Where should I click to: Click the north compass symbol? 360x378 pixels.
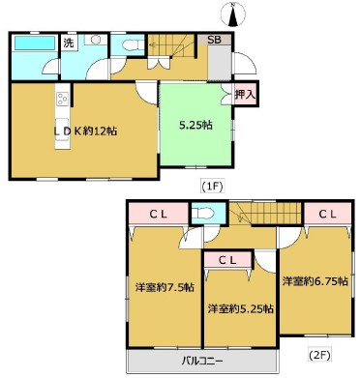[x=233, y=15]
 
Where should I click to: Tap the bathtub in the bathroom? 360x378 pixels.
[x=35, y=43]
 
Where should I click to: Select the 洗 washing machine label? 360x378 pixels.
[x=69, y=43]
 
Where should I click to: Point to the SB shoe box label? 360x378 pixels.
[x=214, y=40]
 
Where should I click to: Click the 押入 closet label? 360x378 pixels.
[x=246, y=95]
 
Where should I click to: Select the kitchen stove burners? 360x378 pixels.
[x=62, y=99]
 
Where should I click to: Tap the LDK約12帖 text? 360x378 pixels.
[x=85, y=131]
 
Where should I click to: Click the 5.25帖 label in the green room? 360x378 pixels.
[x=195, y=125]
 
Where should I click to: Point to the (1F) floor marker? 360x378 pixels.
[x=212, y=187]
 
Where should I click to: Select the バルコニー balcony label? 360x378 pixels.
[x=202, y=361]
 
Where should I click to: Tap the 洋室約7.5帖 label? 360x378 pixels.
[x=165, y=287]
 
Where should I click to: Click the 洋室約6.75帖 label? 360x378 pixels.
[x=315, y=281]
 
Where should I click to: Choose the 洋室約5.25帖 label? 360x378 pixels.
[x=241, y=309]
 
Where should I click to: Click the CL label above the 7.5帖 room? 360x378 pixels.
[x=158, y=215]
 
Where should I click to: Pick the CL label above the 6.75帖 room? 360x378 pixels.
[x=327, y=214]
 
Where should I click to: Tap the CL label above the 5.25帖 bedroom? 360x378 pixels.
[x=227, y=260]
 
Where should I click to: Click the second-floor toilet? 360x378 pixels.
[x=202, y=214]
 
